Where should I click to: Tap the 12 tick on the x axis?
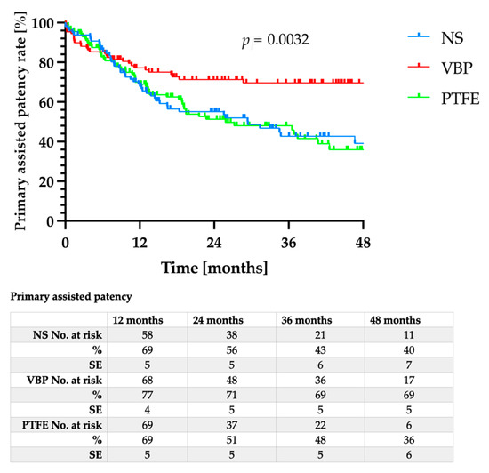(x=139, y=241)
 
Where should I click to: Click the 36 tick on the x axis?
(x=288, y=241)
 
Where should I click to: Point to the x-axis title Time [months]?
(x=213, y=266)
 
